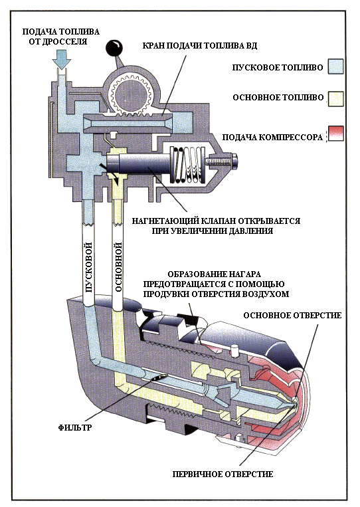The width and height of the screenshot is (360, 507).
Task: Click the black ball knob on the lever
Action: pos(114,47)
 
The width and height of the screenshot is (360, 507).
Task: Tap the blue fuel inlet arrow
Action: pos(62,60)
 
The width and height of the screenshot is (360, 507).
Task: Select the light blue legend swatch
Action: pos(335,66)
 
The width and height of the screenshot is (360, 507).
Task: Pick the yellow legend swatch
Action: pos(335,98)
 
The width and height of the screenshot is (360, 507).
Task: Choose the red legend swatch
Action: pos(335,134)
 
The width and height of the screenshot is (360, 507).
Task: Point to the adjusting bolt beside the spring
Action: pos(223,160)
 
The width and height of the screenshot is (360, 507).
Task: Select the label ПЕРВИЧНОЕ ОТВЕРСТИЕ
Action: pos(223,474)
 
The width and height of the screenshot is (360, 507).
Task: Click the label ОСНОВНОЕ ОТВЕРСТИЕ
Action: pos(292,315)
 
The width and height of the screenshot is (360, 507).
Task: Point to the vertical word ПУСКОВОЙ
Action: pos(89,267)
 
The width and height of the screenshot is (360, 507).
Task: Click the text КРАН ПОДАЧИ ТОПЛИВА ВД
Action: pos(200,45)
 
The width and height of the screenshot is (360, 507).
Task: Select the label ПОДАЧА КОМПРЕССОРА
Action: pos(272,137)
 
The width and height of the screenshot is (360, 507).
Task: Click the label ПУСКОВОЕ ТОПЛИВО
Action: pos(277,67)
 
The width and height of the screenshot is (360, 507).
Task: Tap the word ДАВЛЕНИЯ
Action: pos(251,231)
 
